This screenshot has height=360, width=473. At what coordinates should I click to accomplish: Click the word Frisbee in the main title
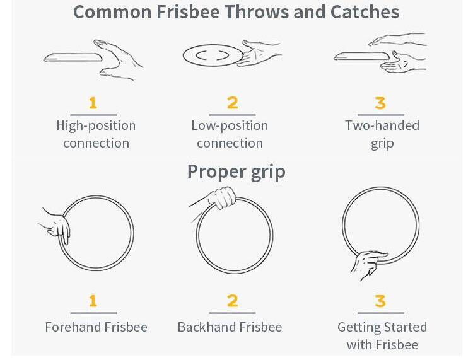(188, 12)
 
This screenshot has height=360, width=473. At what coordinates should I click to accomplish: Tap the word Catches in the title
(365, 12)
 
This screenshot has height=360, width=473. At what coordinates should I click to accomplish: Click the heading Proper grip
(237, 172)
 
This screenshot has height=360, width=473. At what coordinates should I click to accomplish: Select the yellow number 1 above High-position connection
(93, 103)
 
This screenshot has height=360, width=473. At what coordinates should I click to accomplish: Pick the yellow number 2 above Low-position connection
(232, 103)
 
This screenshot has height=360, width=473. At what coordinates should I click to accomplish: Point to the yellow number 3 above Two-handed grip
(380, 103)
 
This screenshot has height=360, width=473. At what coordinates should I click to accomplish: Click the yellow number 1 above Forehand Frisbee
(93, 301)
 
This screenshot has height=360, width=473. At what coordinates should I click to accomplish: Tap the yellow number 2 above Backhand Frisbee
(232, 301)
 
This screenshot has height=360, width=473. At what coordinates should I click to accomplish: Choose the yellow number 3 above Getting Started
(380, 301)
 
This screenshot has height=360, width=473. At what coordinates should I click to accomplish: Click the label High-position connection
(96, 134)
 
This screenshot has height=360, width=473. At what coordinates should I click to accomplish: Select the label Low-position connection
(230, 134)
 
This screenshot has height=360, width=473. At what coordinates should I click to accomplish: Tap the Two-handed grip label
(382, 134)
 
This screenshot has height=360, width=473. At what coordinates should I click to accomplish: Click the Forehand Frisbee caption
(96, 327)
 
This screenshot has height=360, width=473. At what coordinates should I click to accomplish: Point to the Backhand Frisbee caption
(230, 327)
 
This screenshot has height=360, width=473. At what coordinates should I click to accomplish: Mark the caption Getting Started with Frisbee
(382, 335)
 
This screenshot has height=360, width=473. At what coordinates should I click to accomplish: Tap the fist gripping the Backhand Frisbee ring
(222, 197)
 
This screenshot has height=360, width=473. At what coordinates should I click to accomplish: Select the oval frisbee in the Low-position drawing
(213, 55)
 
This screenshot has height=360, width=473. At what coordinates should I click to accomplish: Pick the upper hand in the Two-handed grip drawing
(398, 40)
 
